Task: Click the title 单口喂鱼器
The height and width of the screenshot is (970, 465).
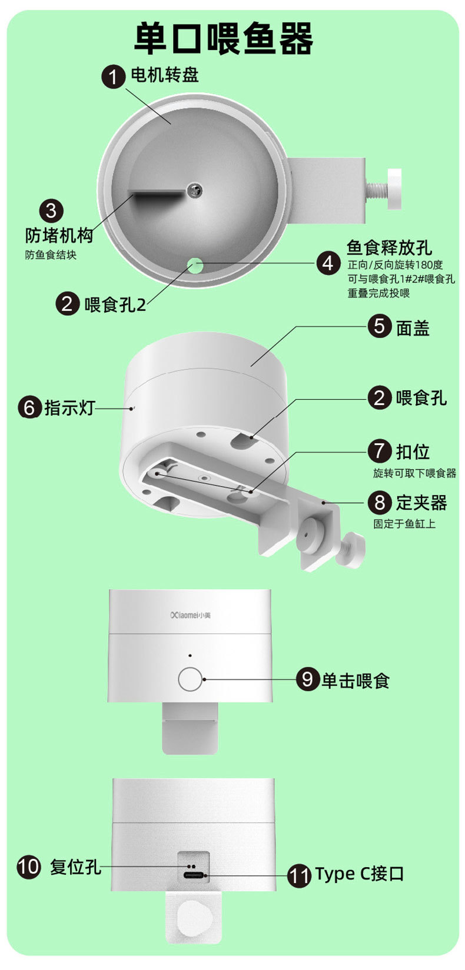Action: [x=224, y=39]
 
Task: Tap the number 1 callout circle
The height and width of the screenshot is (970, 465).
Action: [x=114, y=76]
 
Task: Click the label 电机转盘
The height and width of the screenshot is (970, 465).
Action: [x=165, y=75]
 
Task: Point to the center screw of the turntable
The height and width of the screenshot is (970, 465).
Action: [x=194, y=189]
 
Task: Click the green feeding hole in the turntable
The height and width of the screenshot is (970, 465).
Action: [x=195, y=265]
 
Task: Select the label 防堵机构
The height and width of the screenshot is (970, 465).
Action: [x=59, y=235]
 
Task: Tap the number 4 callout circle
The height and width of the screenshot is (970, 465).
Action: [x=328, y=263]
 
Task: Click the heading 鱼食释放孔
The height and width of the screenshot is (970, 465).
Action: [x=389, y=247]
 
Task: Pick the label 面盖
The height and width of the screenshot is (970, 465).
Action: [x=413, y=327]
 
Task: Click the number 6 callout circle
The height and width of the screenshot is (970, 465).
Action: [x=29, y=407]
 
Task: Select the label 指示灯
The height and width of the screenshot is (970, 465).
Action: [x=69, y=407]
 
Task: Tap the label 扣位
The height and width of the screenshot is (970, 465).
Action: [x=413, y=451]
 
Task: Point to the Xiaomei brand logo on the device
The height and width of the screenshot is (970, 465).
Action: [x=190, y=616]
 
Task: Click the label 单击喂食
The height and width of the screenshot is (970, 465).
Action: [x=355, y=680]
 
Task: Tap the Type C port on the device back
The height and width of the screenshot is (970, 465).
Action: [x=194, y=875]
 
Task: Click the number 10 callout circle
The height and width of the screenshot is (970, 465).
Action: [x=29, y=867]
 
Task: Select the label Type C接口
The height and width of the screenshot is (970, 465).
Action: [x=359, y=874]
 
